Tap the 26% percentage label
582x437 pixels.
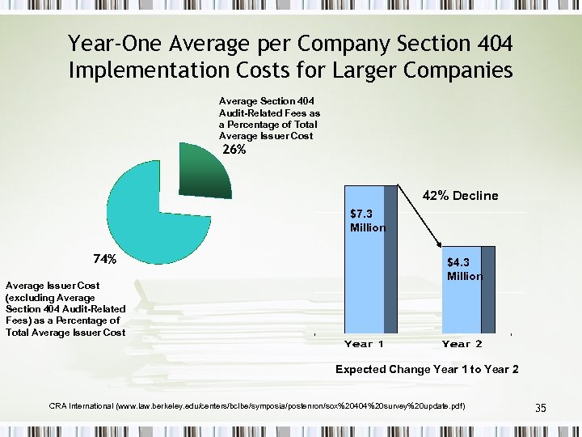pyautogui.click(x=234, y=150)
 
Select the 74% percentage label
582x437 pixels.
pyautogui.click(x=105, y=260)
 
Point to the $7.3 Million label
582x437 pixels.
pyautogui.click(x=368, y=221)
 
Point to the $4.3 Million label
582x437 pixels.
pyautogui.click(x=464, y=269)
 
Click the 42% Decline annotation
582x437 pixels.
pyautogui.click(x=461, y=196)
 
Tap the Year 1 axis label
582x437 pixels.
pyautogui.click(x=364, y=344)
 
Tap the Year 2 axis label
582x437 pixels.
pyautogui.click(x=462, y=344)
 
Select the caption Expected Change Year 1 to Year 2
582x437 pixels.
pyautogui.click(x=427, y=369)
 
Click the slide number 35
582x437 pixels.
pyautogui.click(x=541, y=408)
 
